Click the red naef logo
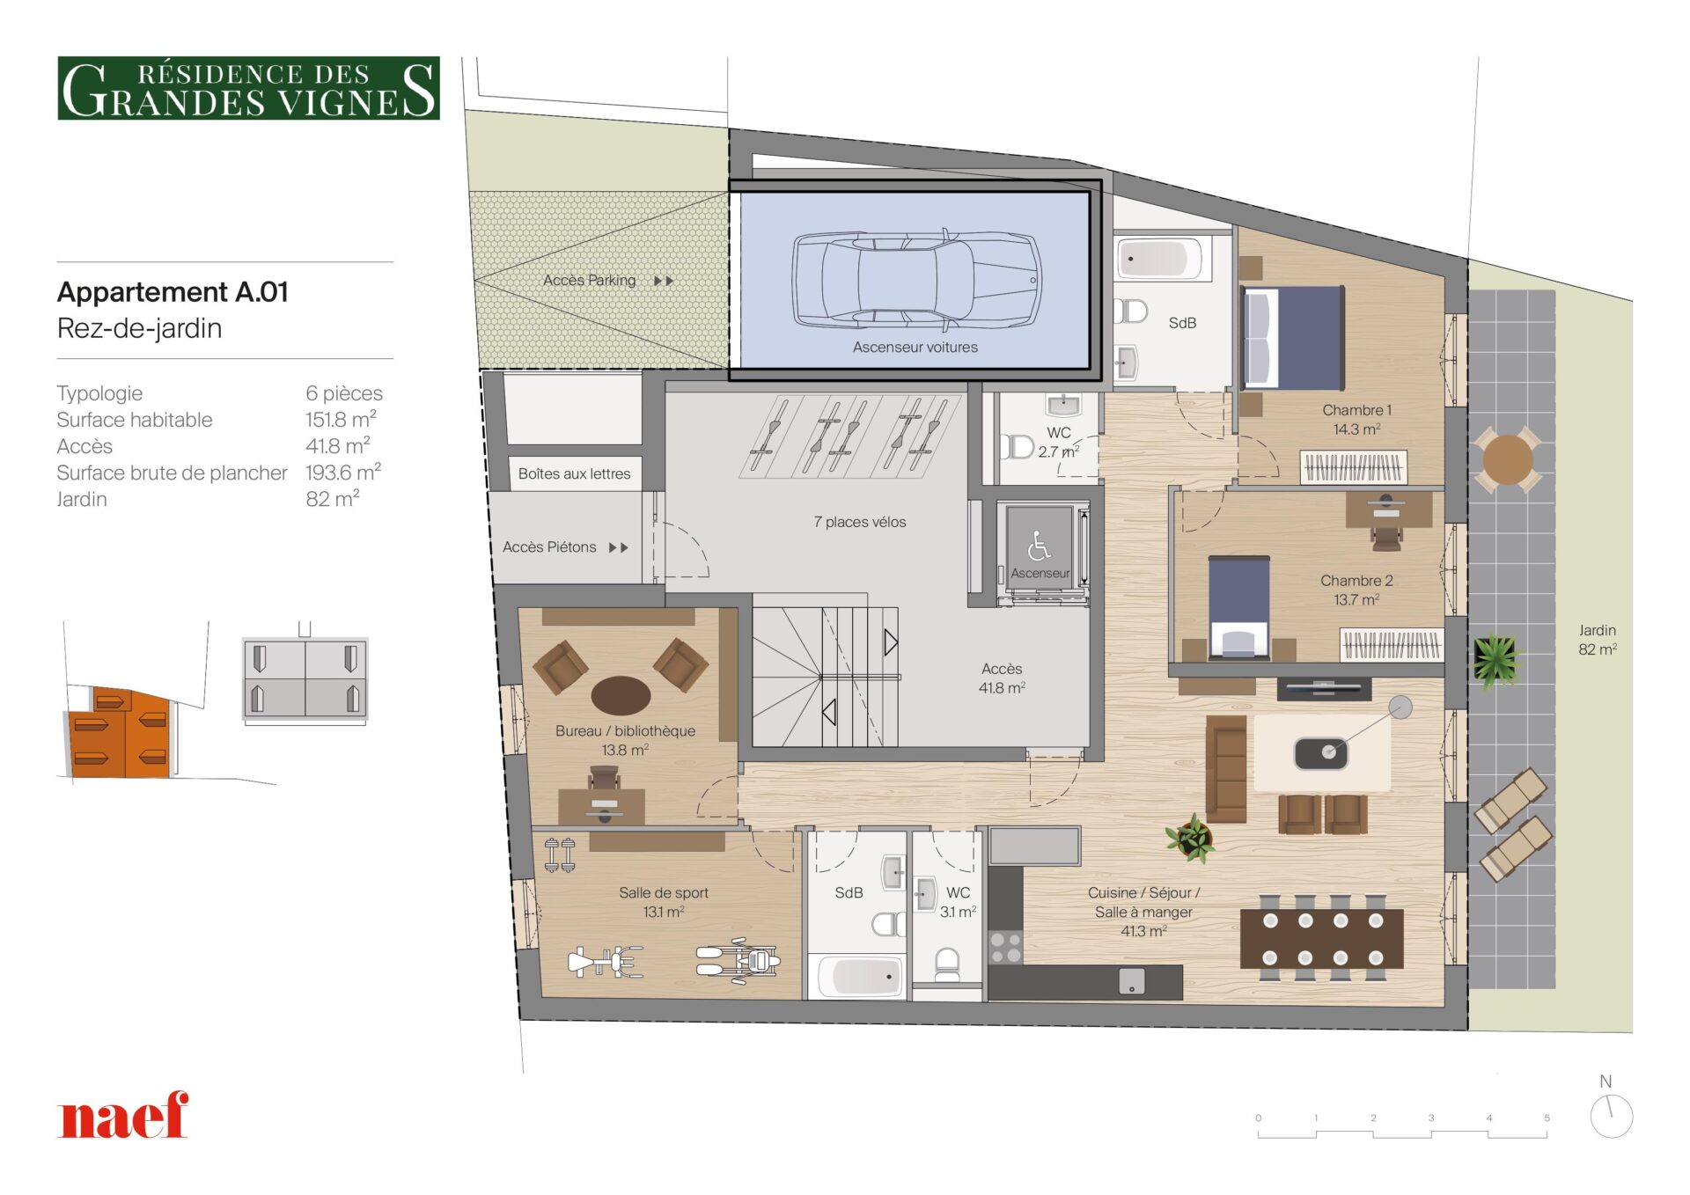[122, 1115]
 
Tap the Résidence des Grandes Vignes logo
[248, 88]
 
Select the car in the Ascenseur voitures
[916, 279]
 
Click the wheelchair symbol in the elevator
[1039, 546]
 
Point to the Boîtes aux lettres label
[574, 473]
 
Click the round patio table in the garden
[1507, 458]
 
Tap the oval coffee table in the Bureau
[621, 695]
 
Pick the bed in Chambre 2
[1238, 607]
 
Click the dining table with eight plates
[1322, 939]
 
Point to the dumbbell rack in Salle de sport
[559, 855]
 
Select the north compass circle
[1612, 1117]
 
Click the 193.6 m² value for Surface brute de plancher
[343, 473]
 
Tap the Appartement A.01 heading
[173, 292]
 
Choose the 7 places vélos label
[859, 522]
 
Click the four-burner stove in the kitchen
[1005, 947]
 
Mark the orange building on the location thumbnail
[118, 733]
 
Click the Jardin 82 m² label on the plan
[1597, 640]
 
